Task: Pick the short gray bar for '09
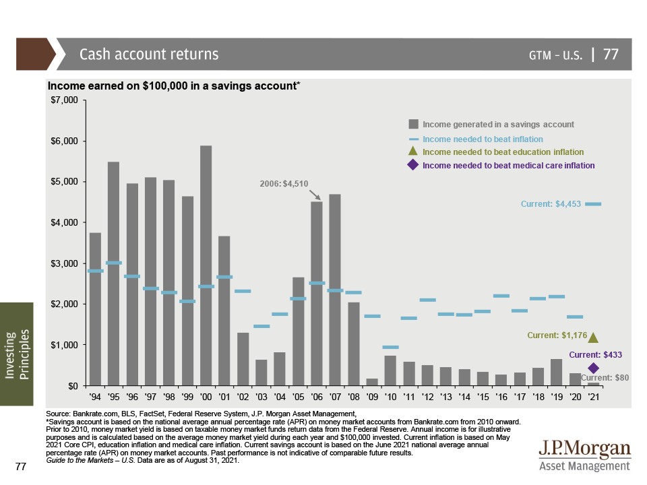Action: coord(372,382)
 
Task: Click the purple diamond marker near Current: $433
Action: coord(593,368)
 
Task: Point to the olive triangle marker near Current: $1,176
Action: coord(593,337)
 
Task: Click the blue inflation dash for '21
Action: coord(593,203)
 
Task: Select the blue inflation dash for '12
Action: coord(427,300)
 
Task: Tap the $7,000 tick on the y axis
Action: coord(65,100)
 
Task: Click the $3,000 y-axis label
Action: coord(65,263)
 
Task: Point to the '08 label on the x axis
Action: coord(353,397)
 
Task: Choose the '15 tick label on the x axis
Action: coord(483,397)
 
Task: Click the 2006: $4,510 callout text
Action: coord(284,183)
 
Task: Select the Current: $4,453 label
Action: coord(550,203)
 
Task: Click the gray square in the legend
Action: coord(414,125)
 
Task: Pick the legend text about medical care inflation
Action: coord(508,165)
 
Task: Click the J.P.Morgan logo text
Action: coord(584,450)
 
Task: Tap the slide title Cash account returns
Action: coord(149,55)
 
